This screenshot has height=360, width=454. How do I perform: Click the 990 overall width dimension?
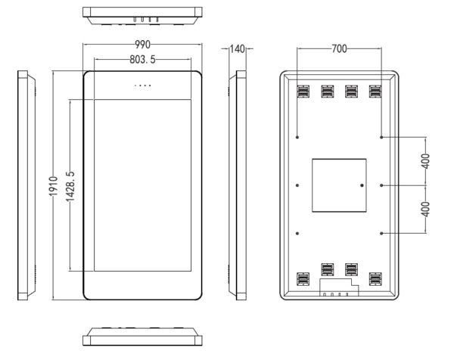[142, 45]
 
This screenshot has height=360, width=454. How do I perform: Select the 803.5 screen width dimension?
[142, 59]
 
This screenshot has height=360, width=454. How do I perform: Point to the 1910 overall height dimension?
[53, 186]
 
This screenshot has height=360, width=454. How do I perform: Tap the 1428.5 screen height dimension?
[70, 186]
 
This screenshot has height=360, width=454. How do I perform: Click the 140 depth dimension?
[238, 48]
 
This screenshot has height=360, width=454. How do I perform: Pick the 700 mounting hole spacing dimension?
[339, 48]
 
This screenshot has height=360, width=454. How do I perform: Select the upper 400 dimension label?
[425, 161]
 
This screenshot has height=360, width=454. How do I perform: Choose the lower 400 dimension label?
[425, 209]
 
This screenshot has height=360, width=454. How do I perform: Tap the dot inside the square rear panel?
[362, 185]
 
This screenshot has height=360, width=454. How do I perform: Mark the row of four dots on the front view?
[142, 85]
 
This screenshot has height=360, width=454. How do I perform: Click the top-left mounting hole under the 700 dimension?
[297, 137]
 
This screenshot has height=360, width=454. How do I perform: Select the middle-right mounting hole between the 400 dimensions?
[381, 185]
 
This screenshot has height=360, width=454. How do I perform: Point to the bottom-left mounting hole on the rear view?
[297, 233]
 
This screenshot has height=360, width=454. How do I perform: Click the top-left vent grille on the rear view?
[303, 92]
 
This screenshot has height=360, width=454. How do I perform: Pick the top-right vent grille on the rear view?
[375, 92]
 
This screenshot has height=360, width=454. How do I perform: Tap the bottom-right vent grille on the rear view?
[375, 279]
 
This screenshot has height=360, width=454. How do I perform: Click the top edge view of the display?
[142, 16]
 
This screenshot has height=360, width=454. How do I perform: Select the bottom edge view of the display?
[142, 337]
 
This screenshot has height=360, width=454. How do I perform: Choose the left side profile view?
[26, 185]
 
